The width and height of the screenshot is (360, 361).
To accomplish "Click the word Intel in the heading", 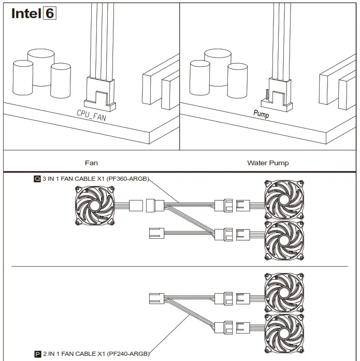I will coord(25,13).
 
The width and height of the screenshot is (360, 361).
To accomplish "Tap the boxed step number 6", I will coord(49,13).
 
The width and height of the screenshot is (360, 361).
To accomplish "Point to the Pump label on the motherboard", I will coord(261,114).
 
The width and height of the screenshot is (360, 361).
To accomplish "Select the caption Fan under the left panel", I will coord(91,163).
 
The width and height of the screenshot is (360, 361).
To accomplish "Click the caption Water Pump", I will coord(268,163).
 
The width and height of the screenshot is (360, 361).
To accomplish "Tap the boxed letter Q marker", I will coord(37,179).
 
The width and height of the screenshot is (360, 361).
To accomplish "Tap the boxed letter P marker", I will coord(37,354).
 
